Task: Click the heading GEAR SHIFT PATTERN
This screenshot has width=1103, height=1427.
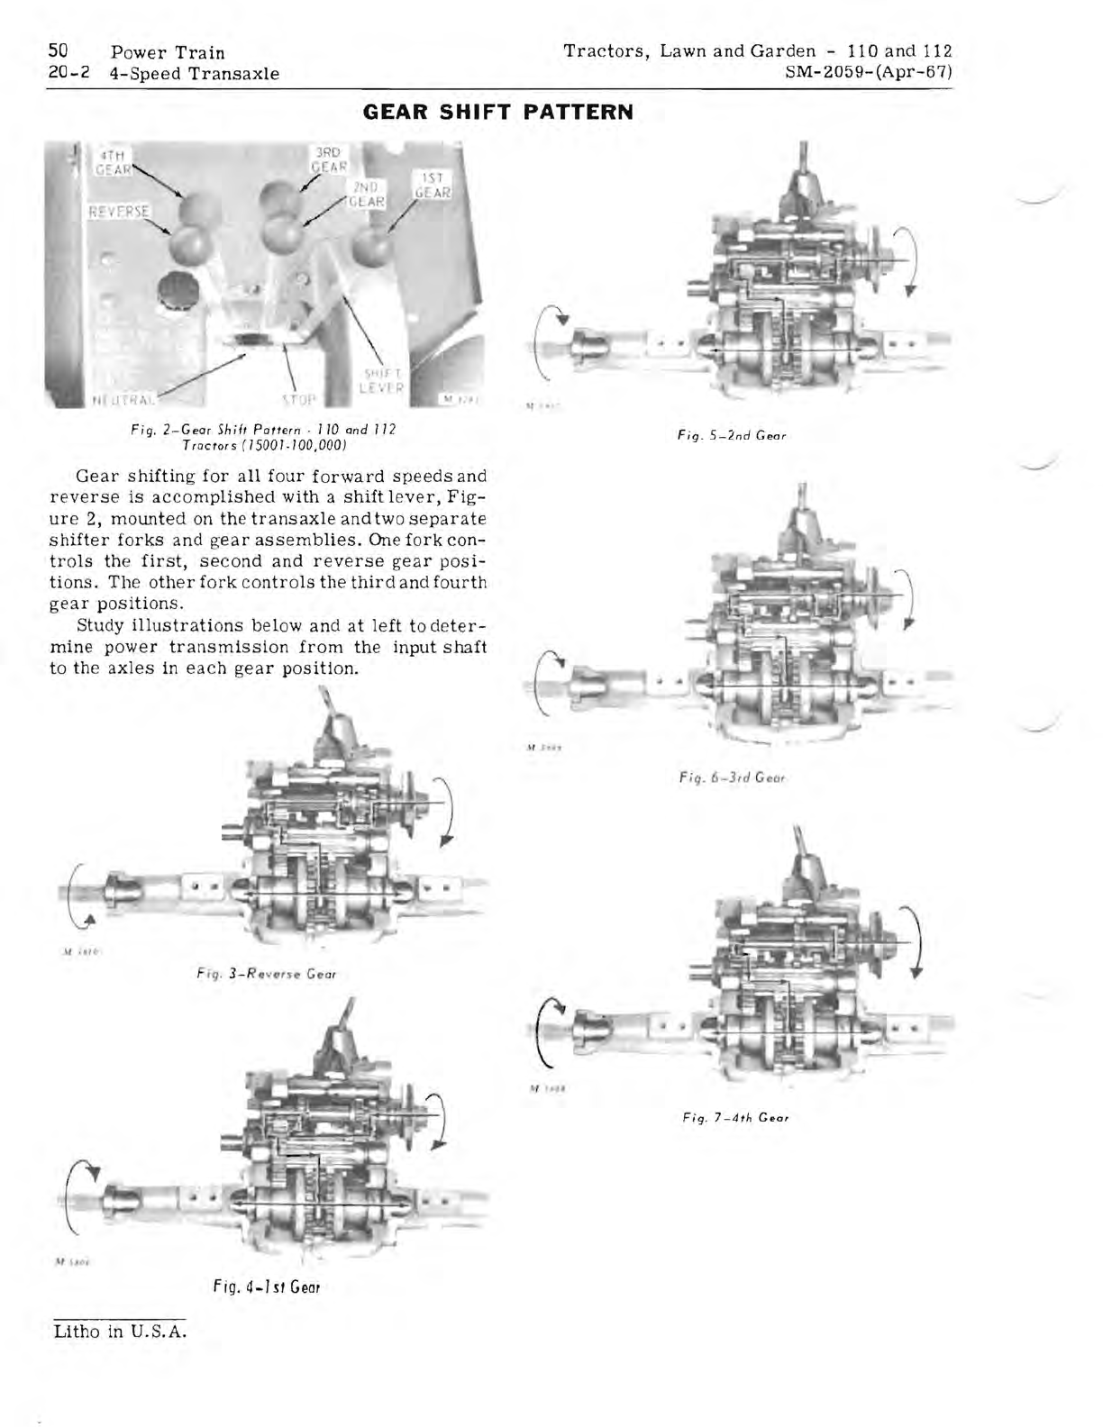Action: click(497, 113)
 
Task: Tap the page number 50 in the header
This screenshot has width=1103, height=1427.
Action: click(59, 51)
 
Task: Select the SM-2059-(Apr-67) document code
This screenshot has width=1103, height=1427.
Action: click(870, 73)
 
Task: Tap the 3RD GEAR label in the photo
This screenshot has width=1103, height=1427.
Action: click(329, 159)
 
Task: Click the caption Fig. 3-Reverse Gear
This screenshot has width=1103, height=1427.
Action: click(267, 973)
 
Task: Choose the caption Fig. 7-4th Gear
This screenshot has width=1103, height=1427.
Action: click(735, 1118)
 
